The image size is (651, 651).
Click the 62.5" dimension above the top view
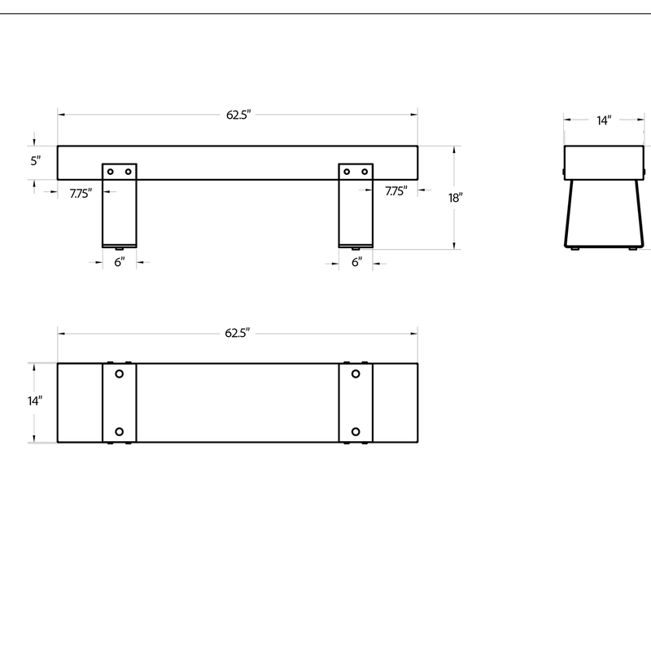[238, 333]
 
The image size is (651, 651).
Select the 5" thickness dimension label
[36, 161]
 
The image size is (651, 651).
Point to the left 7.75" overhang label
[80, 193]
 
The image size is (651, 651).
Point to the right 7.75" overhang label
[396, 192]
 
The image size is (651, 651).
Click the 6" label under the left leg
[119, 262]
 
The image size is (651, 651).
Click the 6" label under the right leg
[356, 262]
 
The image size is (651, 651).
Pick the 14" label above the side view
[603, 120]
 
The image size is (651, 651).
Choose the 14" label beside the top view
[34, 401]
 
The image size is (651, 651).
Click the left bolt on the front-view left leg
[111, 171]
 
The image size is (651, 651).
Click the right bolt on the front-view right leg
[365, 171]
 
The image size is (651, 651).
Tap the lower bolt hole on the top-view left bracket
[119, 431]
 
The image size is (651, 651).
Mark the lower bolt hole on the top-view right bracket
[356, 431]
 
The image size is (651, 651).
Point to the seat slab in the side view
[603, 162]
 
